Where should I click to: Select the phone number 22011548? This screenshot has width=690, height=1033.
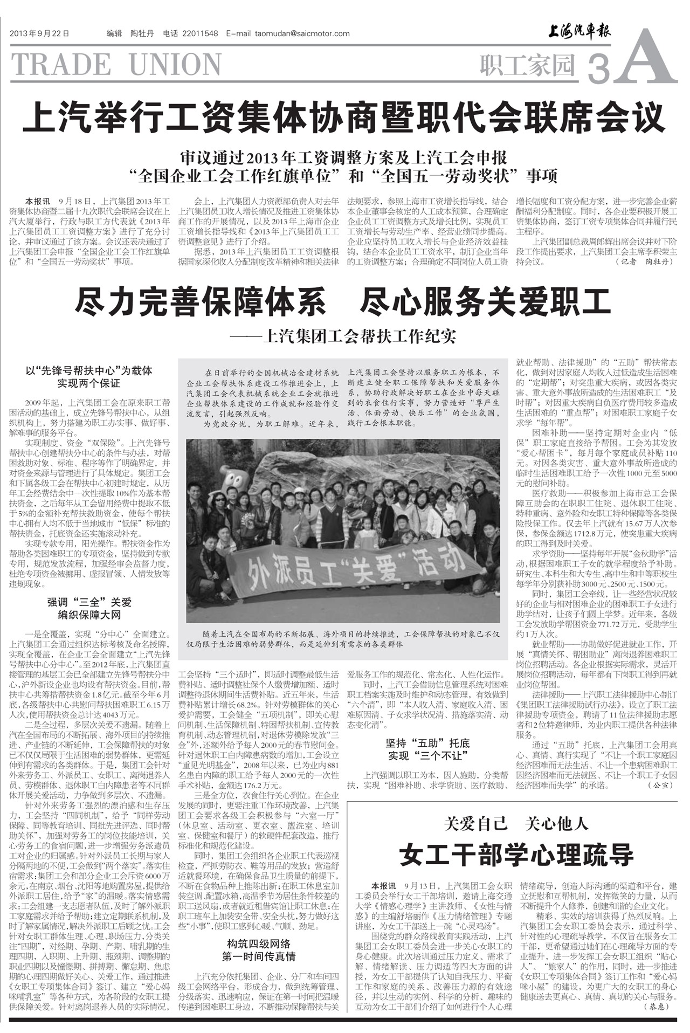click(x=200, y=33)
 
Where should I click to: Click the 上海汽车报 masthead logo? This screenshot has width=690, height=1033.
click(x=579, y=32)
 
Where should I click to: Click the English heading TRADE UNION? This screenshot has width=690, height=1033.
click(x=116, y=65)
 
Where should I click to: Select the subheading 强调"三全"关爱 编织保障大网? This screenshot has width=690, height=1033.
click(x=89, y=608)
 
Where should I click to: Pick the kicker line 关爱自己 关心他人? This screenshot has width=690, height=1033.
click(x=516, y=824)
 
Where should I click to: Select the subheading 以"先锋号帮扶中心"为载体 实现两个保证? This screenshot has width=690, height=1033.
click(x=89, y=377)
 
